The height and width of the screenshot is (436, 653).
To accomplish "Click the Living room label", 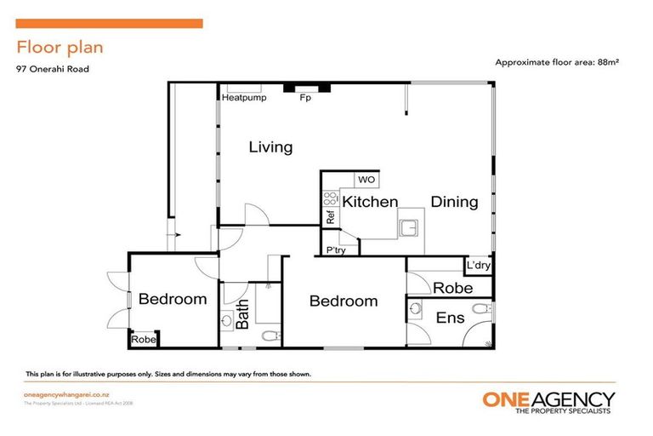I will click(x=270, y=147).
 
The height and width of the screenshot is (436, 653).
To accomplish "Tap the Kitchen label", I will click(x=370, y=202).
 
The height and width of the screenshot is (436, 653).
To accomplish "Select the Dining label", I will click(x=454, y=202).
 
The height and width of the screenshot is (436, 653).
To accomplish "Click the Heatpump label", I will click(x=244, y=98).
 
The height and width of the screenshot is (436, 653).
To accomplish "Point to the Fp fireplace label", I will click(x=304, y=98).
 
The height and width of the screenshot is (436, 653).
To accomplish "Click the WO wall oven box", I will click(x=366, y=180).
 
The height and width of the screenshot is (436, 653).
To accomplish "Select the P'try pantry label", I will click(x=335, y=250).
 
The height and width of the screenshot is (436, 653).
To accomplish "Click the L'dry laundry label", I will click(x=477, y=267).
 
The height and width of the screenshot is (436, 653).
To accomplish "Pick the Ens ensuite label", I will click(x=450, y=318).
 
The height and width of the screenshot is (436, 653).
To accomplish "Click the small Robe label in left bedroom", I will click(x=143, y=340).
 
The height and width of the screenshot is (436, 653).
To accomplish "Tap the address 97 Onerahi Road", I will click(x=53, y=70).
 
